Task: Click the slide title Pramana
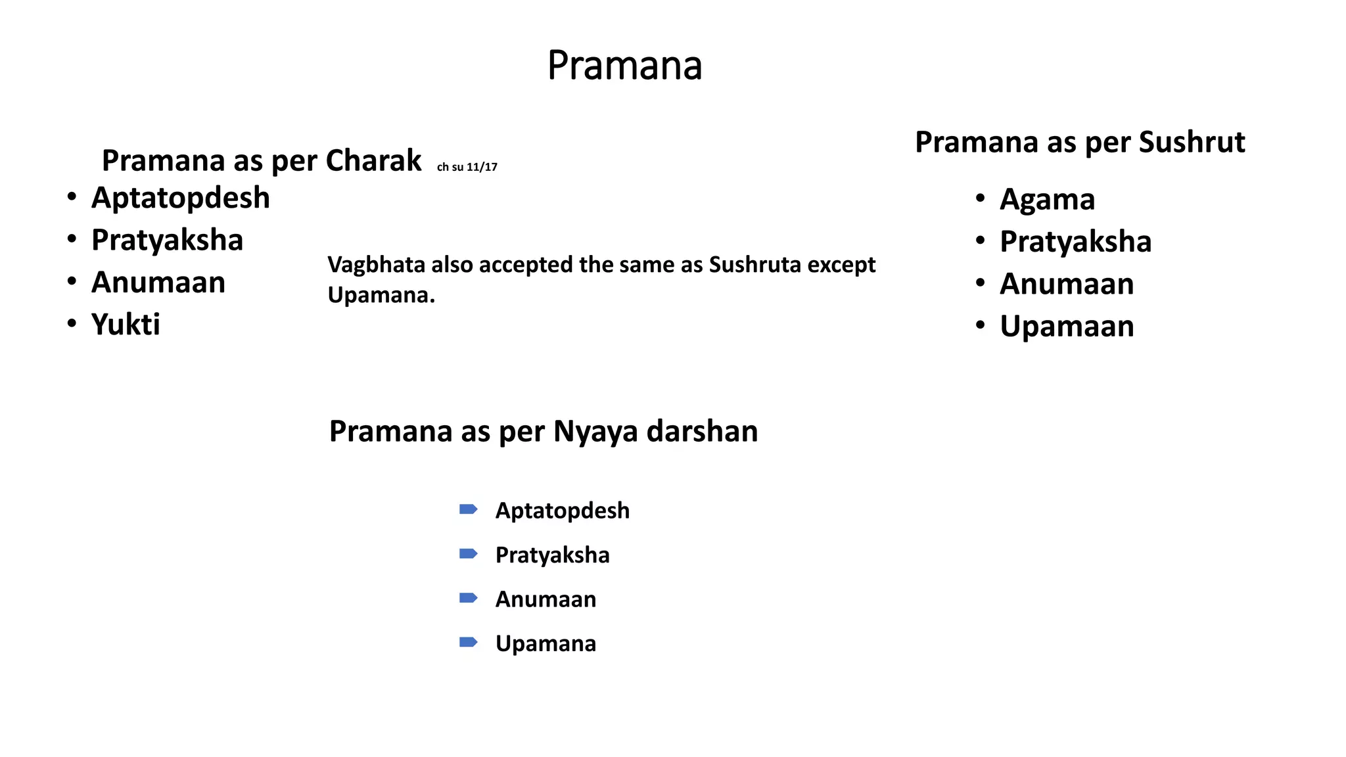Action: coord(624,66)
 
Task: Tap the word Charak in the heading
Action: coord(373,160)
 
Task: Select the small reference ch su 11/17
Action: coord(467,167)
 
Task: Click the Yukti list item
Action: coord(126,324)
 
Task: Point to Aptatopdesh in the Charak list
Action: coord(181,198)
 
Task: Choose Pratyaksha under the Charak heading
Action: coord(167,240)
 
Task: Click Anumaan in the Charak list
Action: coord(158,282)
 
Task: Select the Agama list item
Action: coord(1047,199)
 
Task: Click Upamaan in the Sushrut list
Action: coord(1067,326)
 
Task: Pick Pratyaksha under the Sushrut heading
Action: coord(1075,241)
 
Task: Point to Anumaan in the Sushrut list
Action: coord(1067,284)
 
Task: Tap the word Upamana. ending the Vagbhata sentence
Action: coord(381,295)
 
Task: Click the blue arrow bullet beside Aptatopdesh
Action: coord(468,509)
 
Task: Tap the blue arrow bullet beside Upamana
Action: coord(468,642)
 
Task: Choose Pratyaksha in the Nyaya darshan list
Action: coord(552,555)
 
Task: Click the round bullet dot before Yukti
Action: coord(72,323)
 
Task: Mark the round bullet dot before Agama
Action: coord(980,198)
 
